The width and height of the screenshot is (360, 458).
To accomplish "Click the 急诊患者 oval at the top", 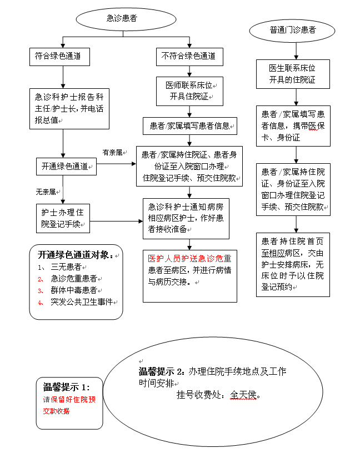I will [122, 19].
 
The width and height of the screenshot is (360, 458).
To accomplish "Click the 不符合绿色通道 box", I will [188, 56].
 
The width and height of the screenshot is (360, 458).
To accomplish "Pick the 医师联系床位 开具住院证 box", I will [189, 91].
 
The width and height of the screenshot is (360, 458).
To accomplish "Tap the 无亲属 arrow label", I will [46, 192].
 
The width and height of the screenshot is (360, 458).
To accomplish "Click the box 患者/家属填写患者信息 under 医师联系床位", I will [189, 125].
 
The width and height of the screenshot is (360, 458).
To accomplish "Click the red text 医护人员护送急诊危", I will [189, 259].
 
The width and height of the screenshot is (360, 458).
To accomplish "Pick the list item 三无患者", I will [66, 266].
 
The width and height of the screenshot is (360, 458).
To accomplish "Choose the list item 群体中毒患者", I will [77, 290].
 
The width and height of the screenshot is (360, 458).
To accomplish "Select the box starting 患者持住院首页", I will [293, 264].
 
